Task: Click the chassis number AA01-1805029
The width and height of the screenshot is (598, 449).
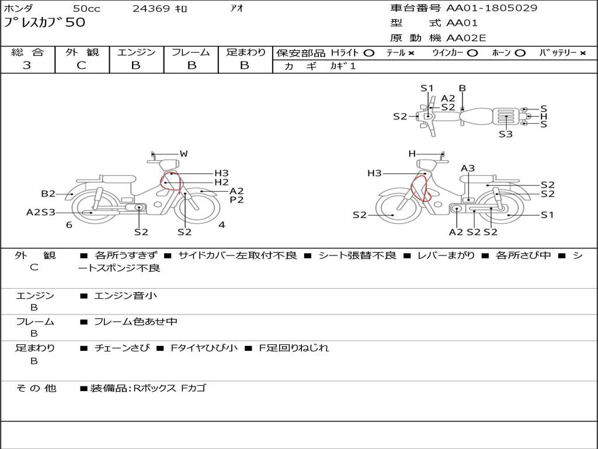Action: click(x=492, y=8)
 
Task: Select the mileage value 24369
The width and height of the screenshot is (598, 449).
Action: click(x=151, y=8)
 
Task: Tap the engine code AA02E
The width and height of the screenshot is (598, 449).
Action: click(x=466, y=38)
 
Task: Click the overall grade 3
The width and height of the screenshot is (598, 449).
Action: click(x=27, y=65)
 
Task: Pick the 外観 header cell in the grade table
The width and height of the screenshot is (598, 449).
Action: click(x=82, y=52)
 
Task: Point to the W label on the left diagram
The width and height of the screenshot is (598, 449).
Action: click(x=184, y=154)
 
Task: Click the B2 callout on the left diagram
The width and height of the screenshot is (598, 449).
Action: click(x=48, y=194)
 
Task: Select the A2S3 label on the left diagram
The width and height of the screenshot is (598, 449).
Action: click(x=41, y=212)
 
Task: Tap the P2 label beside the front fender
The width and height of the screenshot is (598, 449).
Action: click(x=237, y=200)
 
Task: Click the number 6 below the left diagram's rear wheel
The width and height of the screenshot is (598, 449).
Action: click(x=69, y=224)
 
